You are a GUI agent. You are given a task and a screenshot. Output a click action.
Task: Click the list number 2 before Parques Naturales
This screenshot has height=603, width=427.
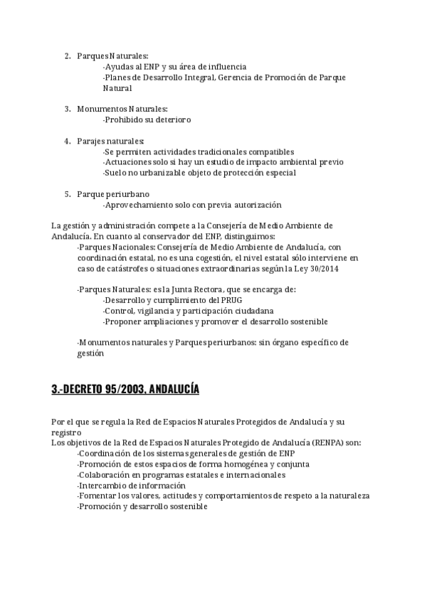pos(67,55)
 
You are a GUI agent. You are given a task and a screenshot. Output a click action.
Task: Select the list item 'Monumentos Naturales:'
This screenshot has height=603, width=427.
pos(122,109)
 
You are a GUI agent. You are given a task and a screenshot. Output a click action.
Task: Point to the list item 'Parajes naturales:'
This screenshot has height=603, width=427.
pos(110,141)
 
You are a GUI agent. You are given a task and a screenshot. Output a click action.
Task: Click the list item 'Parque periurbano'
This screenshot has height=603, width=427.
pos(113,194)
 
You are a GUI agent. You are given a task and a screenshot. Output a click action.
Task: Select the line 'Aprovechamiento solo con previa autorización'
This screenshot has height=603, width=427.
pos(192,205)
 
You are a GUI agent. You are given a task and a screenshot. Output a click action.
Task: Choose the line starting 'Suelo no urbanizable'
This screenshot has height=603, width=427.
pos(199,173)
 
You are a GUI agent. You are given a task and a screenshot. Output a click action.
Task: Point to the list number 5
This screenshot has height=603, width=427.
pos(67,194)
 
